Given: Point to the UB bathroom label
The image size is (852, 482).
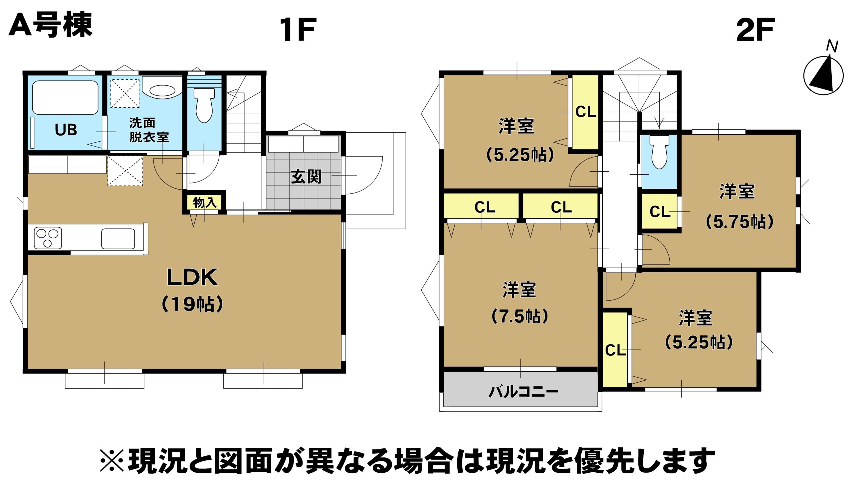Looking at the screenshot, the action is pyautogui.click(x=66, y=130).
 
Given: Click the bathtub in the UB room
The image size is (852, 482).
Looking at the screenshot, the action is pyautogui.click(x=65, y=98).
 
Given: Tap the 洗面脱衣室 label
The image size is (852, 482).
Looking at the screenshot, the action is pyautogui.click(x=149, y=130).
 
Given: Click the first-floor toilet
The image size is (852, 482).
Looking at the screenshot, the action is pyautogui.click(x=204, y=105).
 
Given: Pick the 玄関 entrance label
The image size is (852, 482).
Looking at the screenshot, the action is pyautogui.click(x=306, y=177).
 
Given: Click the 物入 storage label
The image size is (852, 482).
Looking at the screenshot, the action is pyautogui.click(x=205, y=202).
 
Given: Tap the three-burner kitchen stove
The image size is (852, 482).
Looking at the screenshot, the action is pyautogui.click(x=48, y=238).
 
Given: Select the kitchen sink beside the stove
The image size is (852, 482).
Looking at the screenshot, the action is pyautogui.click(x=118, y=239).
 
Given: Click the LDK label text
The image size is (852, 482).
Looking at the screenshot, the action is pyautogui.click(x=192, y=277).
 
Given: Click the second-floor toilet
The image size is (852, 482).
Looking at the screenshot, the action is pyautogui.click(x=660, y=152).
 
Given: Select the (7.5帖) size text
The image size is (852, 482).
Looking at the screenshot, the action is pyautogui.click(x=520, y=316).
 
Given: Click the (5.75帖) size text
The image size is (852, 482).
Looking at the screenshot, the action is pyautogui.click(x=740, y=221).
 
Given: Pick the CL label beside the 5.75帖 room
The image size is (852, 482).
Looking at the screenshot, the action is pyautogui.click(x=660, y=211).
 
